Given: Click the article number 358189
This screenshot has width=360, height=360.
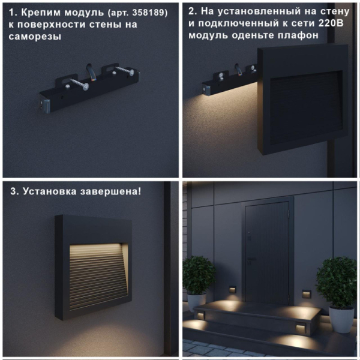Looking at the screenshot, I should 144,13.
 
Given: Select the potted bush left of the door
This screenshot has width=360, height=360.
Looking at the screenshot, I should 198,275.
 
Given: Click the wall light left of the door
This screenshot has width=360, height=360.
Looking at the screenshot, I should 232,292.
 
